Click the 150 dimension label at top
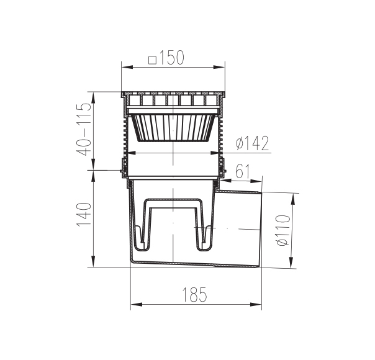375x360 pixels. [x=172, y=58]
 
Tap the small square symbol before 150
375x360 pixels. [x=152, y=60]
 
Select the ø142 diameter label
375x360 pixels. [x=252, y=143]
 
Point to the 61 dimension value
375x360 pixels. [x=242, y=171]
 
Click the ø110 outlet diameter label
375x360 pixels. [x=282, y=230]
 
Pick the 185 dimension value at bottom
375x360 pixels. [x=194, y=294]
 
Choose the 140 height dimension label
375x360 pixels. [x=84, y=214]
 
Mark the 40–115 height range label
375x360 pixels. [x=83, y=129]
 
